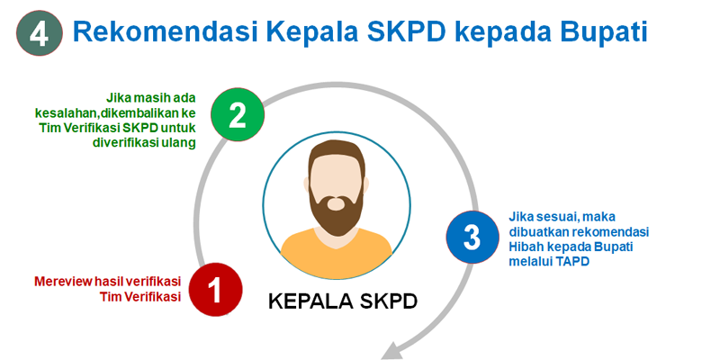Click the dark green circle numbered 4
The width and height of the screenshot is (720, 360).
coord(39,33)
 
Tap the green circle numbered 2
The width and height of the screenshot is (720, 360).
coord(238,115)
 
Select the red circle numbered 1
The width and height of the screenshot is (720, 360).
coord(215,289)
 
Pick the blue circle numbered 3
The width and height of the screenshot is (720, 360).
coord(472,238)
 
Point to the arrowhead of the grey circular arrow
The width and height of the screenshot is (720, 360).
coord(391,352)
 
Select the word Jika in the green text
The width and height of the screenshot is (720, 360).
coord(117,98)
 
